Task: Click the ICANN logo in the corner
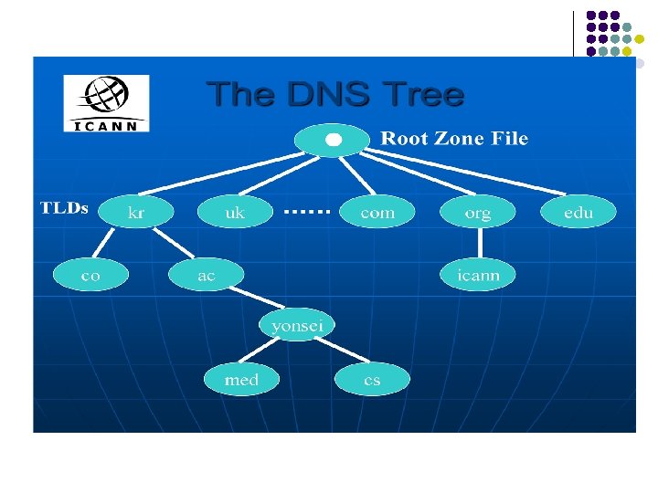106,103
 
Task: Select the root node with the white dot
333,140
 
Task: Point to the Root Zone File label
453,139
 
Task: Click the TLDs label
64,208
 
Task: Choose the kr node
135,213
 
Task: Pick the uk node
235,213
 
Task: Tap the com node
377,213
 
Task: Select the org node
477,213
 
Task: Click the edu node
578,213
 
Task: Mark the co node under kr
90,275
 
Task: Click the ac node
207,275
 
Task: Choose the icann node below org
478,275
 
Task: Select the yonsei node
297,324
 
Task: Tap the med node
241,380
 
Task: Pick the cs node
372,380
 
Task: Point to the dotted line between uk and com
306,212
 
